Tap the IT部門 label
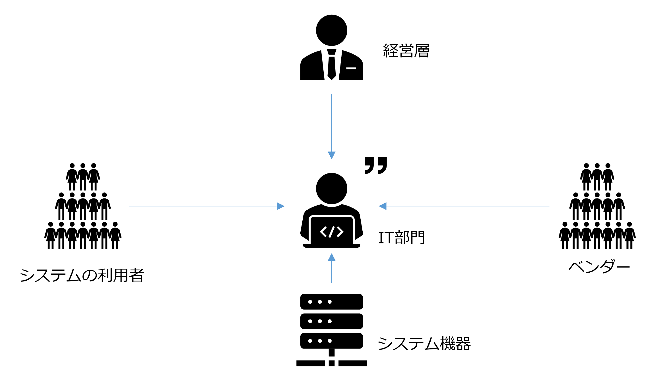point(401,238)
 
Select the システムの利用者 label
point(82,275)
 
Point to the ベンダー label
point(599,267)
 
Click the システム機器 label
point(424,343)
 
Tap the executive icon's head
point(331,30)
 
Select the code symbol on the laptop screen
point(331,232)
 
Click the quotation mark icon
point(376,165)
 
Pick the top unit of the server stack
point(331,302)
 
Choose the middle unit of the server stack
point(331,321)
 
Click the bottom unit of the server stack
point(331,341)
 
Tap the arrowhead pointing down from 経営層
point(331,155)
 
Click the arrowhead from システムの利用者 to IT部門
point(280,206)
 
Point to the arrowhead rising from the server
point(331,257)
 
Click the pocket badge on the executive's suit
point(351,69)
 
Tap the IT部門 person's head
point(331,188)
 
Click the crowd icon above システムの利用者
point(83,206)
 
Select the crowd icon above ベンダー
point(597,206)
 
